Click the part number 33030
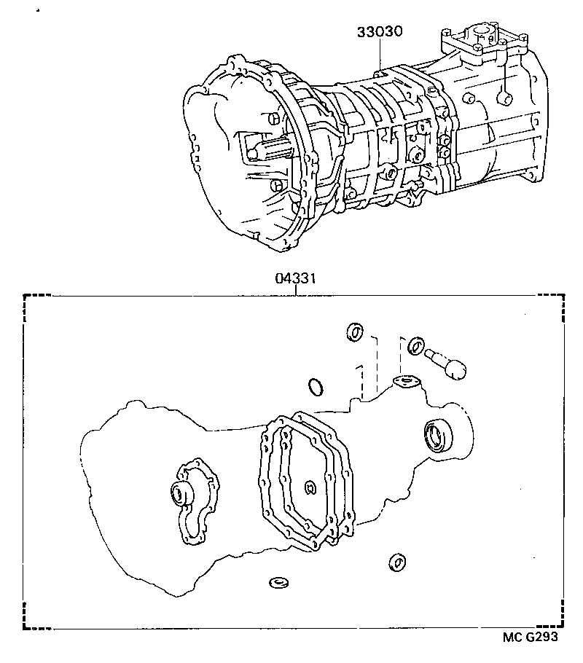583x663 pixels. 380,33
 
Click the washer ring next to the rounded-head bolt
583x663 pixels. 415,345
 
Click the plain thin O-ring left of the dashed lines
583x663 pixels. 315,385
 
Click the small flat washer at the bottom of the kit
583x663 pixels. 278,583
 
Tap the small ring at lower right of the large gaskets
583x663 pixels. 396,562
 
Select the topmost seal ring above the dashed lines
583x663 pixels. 355,331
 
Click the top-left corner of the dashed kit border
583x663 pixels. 26,295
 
